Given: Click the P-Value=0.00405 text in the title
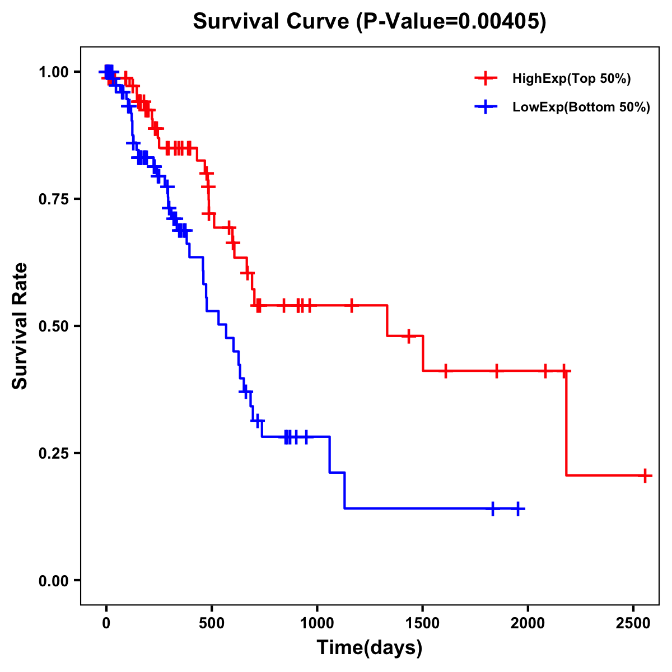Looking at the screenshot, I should click(452, 22).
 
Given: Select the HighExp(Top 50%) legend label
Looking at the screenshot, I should click(571, 79).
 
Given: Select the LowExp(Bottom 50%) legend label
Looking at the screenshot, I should click(581, 108).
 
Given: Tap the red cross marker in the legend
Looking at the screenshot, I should click(486, 78).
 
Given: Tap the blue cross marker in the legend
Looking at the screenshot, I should click(486, 107).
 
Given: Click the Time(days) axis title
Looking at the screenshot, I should click(370, 648).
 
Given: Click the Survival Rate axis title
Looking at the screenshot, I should click(20, 325).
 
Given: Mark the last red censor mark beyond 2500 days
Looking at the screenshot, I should click(645, 475).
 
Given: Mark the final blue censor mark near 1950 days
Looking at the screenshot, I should click(518, 508).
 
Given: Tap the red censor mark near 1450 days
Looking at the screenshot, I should click(409, 336).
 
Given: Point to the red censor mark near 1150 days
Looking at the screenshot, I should click(352, 305).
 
